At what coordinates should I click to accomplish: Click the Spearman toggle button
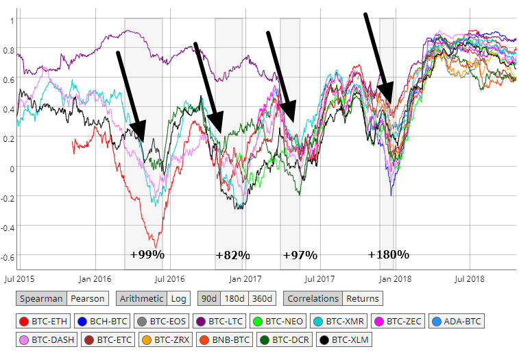click(41, 298)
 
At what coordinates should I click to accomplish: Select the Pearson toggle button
click(87, 298)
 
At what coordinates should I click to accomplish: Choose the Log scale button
click(179, 298)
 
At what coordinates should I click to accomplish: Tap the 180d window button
click(236, 298)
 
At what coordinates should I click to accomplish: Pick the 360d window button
click(263, 298)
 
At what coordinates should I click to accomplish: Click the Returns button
click(362, 298)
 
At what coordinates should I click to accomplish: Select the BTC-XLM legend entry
click(343, 339)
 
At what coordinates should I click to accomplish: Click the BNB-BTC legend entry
click(224, 339)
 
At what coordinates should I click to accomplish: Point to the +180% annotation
click(388, 254)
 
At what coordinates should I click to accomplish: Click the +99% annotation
click(147, 254)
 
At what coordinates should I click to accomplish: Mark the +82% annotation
click(232, 255)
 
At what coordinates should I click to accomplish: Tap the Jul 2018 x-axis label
click(470, 279)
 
